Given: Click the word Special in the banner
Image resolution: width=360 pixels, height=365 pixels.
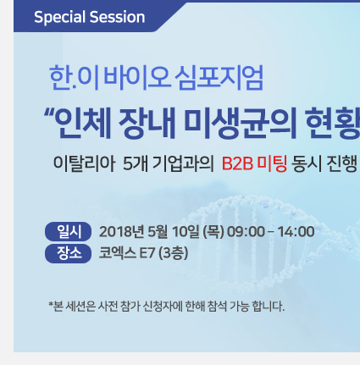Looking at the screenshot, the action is tap(59, 18).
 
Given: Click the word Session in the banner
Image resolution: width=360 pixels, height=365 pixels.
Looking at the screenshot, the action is tap(118, 17).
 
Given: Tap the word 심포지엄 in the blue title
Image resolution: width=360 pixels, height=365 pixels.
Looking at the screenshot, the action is tap(219, 78).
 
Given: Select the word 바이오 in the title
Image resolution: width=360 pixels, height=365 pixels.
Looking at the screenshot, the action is tap(137, 78).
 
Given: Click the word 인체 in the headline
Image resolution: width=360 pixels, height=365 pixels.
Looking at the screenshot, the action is tap(82, 124).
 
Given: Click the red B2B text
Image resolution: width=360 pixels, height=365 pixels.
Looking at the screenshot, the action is tap(237, 163).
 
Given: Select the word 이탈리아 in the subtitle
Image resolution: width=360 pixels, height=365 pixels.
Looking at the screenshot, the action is tap(84, 163).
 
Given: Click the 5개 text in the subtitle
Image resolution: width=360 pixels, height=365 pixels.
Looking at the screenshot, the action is tap(136, 163).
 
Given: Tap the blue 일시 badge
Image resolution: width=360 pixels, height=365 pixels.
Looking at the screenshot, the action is tap(68, 232).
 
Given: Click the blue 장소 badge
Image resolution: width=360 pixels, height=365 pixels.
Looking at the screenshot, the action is tap(68, 253).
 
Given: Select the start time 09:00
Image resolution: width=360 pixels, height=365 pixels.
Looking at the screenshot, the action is tap(246, 232).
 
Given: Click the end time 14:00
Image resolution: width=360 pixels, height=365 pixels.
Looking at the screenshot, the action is tap(296, 232).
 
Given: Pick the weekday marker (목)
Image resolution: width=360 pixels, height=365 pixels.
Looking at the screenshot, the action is tap(213, 232).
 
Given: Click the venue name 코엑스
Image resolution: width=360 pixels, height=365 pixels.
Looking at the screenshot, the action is tap(118, 253).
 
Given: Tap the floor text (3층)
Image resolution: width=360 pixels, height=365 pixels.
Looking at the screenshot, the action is tap(173, 253).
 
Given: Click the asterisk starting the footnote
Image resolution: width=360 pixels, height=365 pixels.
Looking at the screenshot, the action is tap(51, 304).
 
